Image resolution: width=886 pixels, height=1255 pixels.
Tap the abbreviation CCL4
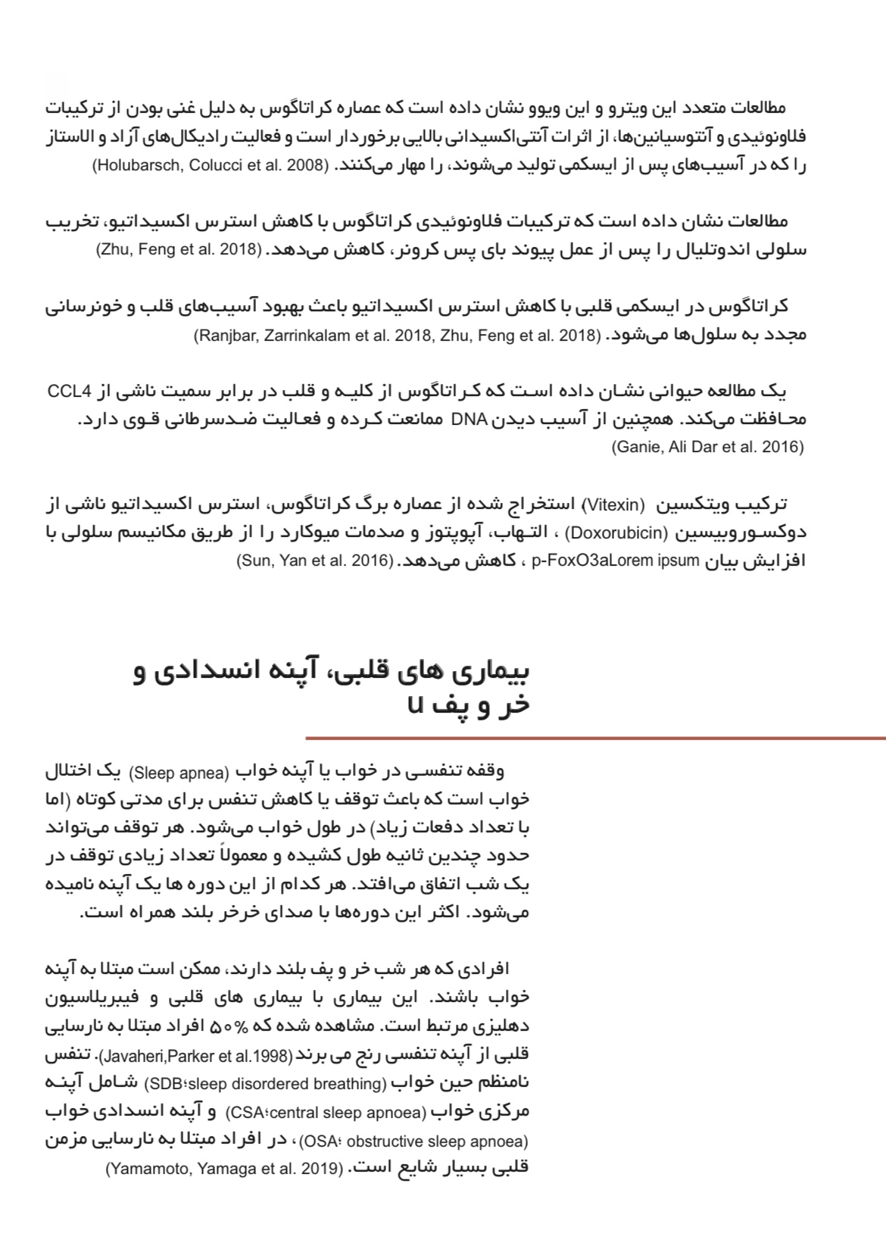[69, 392]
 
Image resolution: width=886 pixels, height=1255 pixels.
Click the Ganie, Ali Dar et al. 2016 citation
[708, 447]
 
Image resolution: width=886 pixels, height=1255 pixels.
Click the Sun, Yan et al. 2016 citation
[314, 562]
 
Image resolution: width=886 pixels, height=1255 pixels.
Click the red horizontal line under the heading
[595, 738]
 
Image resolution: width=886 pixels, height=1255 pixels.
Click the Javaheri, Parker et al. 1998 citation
[196, 1056]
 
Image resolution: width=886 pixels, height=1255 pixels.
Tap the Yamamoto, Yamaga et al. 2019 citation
[225, 1169]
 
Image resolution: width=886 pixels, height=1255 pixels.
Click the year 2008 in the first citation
[305, 166]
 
